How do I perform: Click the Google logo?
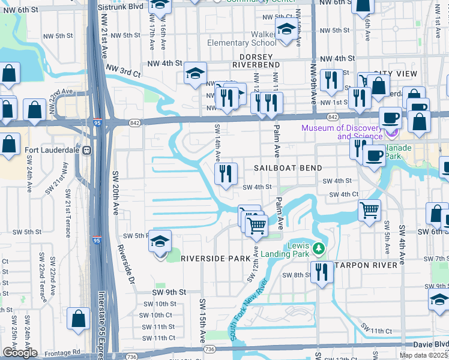coord(20,352)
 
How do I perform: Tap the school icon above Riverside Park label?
coord(160,242)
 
